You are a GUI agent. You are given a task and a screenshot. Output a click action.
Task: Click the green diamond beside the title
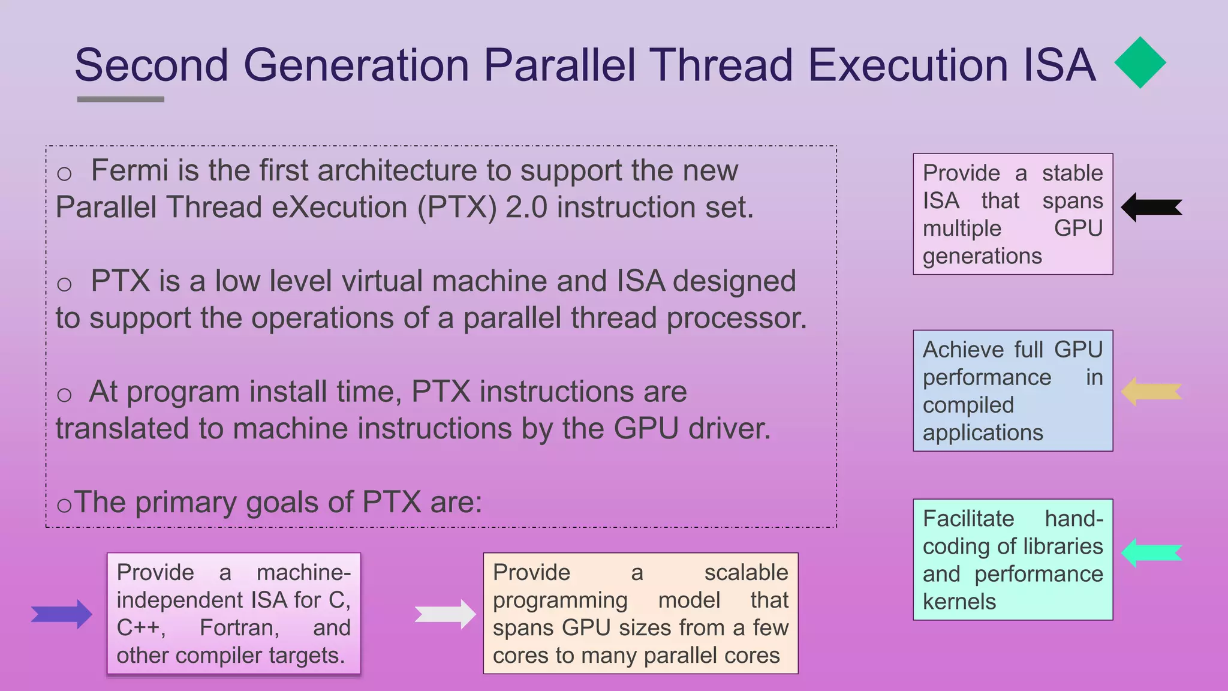click(x=1140, y=62)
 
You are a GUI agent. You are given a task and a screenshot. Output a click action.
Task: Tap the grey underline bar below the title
click(x=121, y=99)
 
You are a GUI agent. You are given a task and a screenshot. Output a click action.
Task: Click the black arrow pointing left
click(x=1151, y=208)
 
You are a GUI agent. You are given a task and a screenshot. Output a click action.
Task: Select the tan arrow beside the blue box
click(x=1151, y=392)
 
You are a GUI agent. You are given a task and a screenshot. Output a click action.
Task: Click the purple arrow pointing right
click(x=62, y=614)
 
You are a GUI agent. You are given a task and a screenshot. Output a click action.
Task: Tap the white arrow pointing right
click(x=445, y=614)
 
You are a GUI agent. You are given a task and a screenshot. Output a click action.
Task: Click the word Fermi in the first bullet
click(x=130, y=170)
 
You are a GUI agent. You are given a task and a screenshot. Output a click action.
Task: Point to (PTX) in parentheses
click(x=457, y=208)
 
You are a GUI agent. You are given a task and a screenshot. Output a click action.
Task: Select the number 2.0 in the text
click(x=526, y=208)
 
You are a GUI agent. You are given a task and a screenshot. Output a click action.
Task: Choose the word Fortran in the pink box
click(x=239, y=627)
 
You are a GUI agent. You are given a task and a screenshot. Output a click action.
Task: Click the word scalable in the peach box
click(x=746, y=572)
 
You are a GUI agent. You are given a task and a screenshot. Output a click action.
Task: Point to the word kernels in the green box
click(x=959, y=601)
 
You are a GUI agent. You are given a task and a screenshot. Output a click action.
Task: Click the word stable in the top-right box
click(x=1072, y=173)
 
